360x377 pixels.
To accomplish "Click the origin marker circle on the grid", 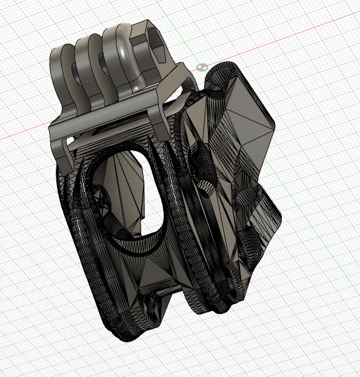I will [x=202, y=65].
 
